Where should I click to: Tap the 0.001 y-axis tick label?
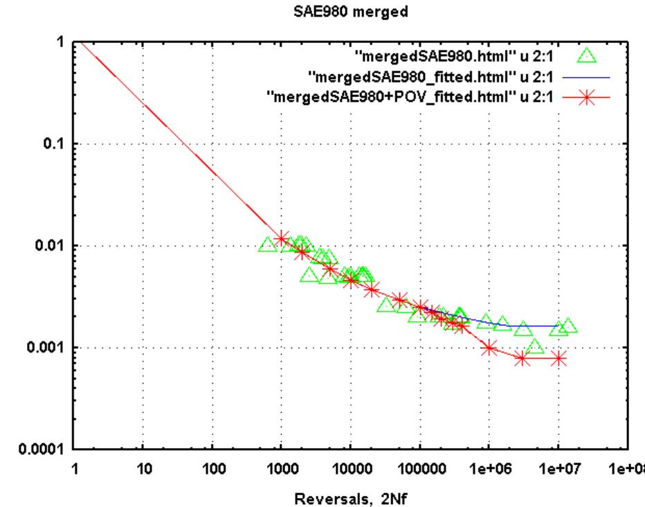(48, 348)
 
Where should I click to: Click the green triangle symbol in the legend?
(588, 56)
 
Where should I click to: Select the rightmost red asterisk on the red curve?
(558, 358)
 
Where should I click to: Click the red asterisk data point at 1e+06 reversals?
(489, 348)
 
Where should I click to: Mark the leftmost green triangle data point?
(267, 244)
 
